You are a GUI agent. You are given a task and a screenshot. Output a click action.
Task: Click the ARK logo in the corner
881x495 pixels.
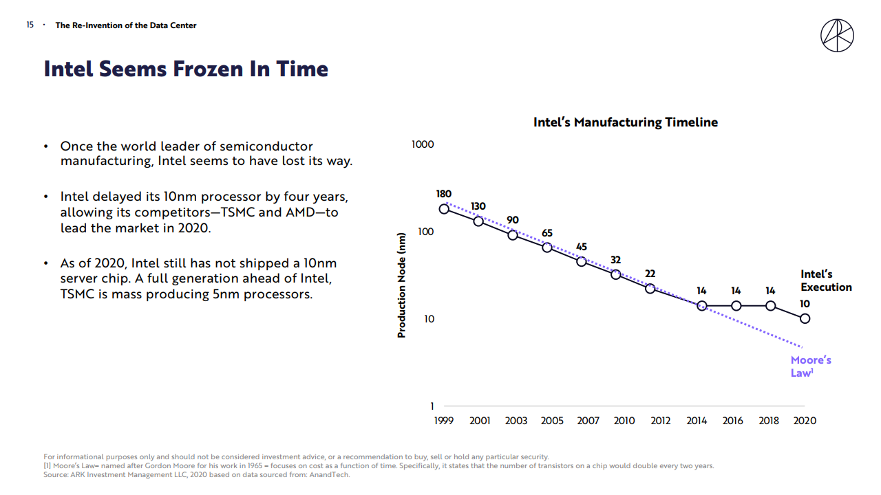[837, 36]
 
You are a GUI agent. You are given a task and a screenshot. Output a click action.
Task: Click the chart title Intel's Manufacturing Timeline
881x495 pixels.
[625, 122]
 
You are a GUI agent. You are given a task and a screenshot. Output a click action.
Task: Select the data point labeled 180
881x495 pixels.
[444, 208]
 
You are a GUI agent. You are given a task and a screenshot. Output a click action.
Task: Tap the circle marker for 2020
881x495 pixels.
[805, 318]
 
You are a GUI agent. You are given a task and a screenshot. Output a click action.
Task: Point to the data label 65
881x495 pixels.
[547, 233]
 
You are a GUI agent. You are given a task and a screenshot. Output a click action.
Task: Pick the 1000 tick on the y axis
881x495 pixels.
[423, 144]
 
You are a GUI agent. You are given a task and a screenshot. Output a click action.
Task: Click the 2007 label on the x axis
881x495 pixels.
[588, 421]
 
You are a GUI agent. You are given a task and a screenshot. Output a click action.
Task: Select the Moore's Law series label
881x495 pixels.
[810, 366]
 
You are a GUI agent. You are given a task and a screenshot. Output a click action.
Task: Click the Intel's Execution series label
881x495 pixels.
[825, 280]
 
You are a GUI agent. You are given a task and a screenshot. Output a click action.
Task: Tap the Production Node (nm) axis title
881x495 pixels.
[402, 284]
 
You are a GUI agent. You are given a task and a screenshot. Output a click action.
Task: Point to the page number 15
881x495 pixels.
[30, 25]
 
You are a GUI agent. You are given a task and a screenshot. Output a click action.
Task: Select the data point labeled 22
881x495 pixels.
[650, 288]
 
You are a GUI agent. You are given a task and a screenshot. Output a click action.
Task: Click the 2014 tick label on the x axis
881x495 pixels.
[697, 421]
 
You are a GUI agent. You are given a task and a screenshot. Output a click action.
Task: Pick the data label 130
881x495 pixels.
[478, 206]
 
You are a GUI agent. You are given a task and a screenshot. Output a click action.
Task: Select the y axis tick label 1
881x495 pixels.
[432, 406]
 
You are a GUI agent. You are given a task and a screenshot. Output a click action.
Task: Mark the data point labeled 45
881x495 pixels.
[582, 261]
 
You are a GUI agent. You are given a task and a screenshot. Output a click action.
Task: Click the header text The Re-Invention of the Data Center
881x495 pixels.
[126, 25]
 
